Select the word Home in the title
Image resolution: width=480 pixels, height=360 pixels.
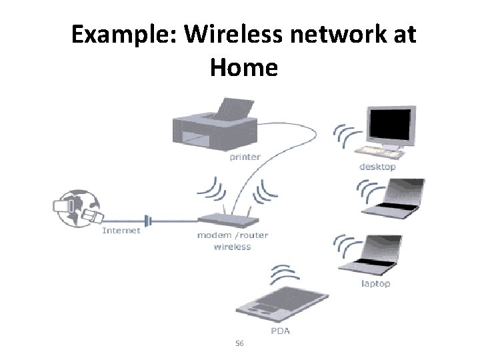(x=243, y=67)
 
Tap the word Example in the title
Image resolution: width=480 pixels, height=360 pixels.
(x=123, y=34)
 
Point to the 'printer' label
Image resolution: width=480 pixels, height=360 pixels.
(x=245, y=158)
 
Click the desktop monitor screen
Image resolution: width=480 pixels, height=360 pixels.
(x=391, y=125)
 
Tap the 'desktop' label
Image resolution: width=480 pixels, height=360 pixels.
(x=377, y=167)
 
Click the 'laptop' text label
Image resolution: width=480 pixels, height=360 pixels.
(x=375, y=283)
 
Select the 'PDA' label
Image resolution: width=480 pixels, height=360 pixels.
(x=279, y=331)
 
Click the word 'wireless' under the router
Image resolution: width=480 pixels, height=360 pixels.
(x=232, y=247)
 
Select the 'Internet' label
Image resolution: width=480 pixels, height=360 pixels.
(x=121, y=231)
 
